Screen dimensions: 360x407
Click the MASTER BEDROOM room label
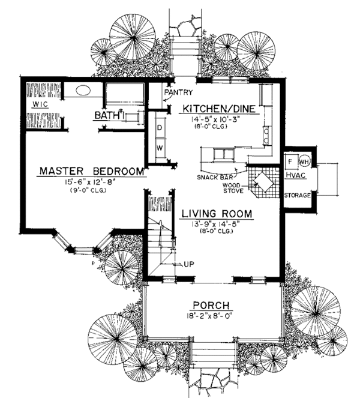pos(92,171)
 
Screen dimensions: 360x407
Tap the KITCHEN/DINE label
pos(219,109)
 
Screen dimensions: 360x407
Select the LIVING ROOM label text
pos(217,214)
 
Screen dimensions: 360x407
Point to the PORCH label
pos(211,305)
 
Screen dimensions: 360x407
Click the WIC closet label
pos(40,104)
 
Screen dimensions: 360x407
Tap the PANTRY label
pos(179,92)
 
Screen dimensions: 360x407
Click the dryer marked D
pos(160,128)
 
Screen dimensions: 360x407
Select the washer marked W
pos(160,148)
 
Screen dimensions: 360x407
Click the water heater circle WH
pos(304,161)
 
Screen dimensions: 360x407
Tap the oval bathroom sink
pos(83,90)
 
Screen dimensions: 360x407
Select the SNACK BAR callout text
pos(214,178)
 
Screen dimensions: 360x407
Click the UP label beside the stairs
pos(189,264)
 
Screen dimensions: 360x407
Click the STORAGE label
pos(297,196)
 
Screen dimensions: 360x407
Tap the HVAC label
pos(295,175)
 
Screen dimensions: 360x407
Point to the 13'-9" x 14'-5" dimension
pos(216,223)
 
